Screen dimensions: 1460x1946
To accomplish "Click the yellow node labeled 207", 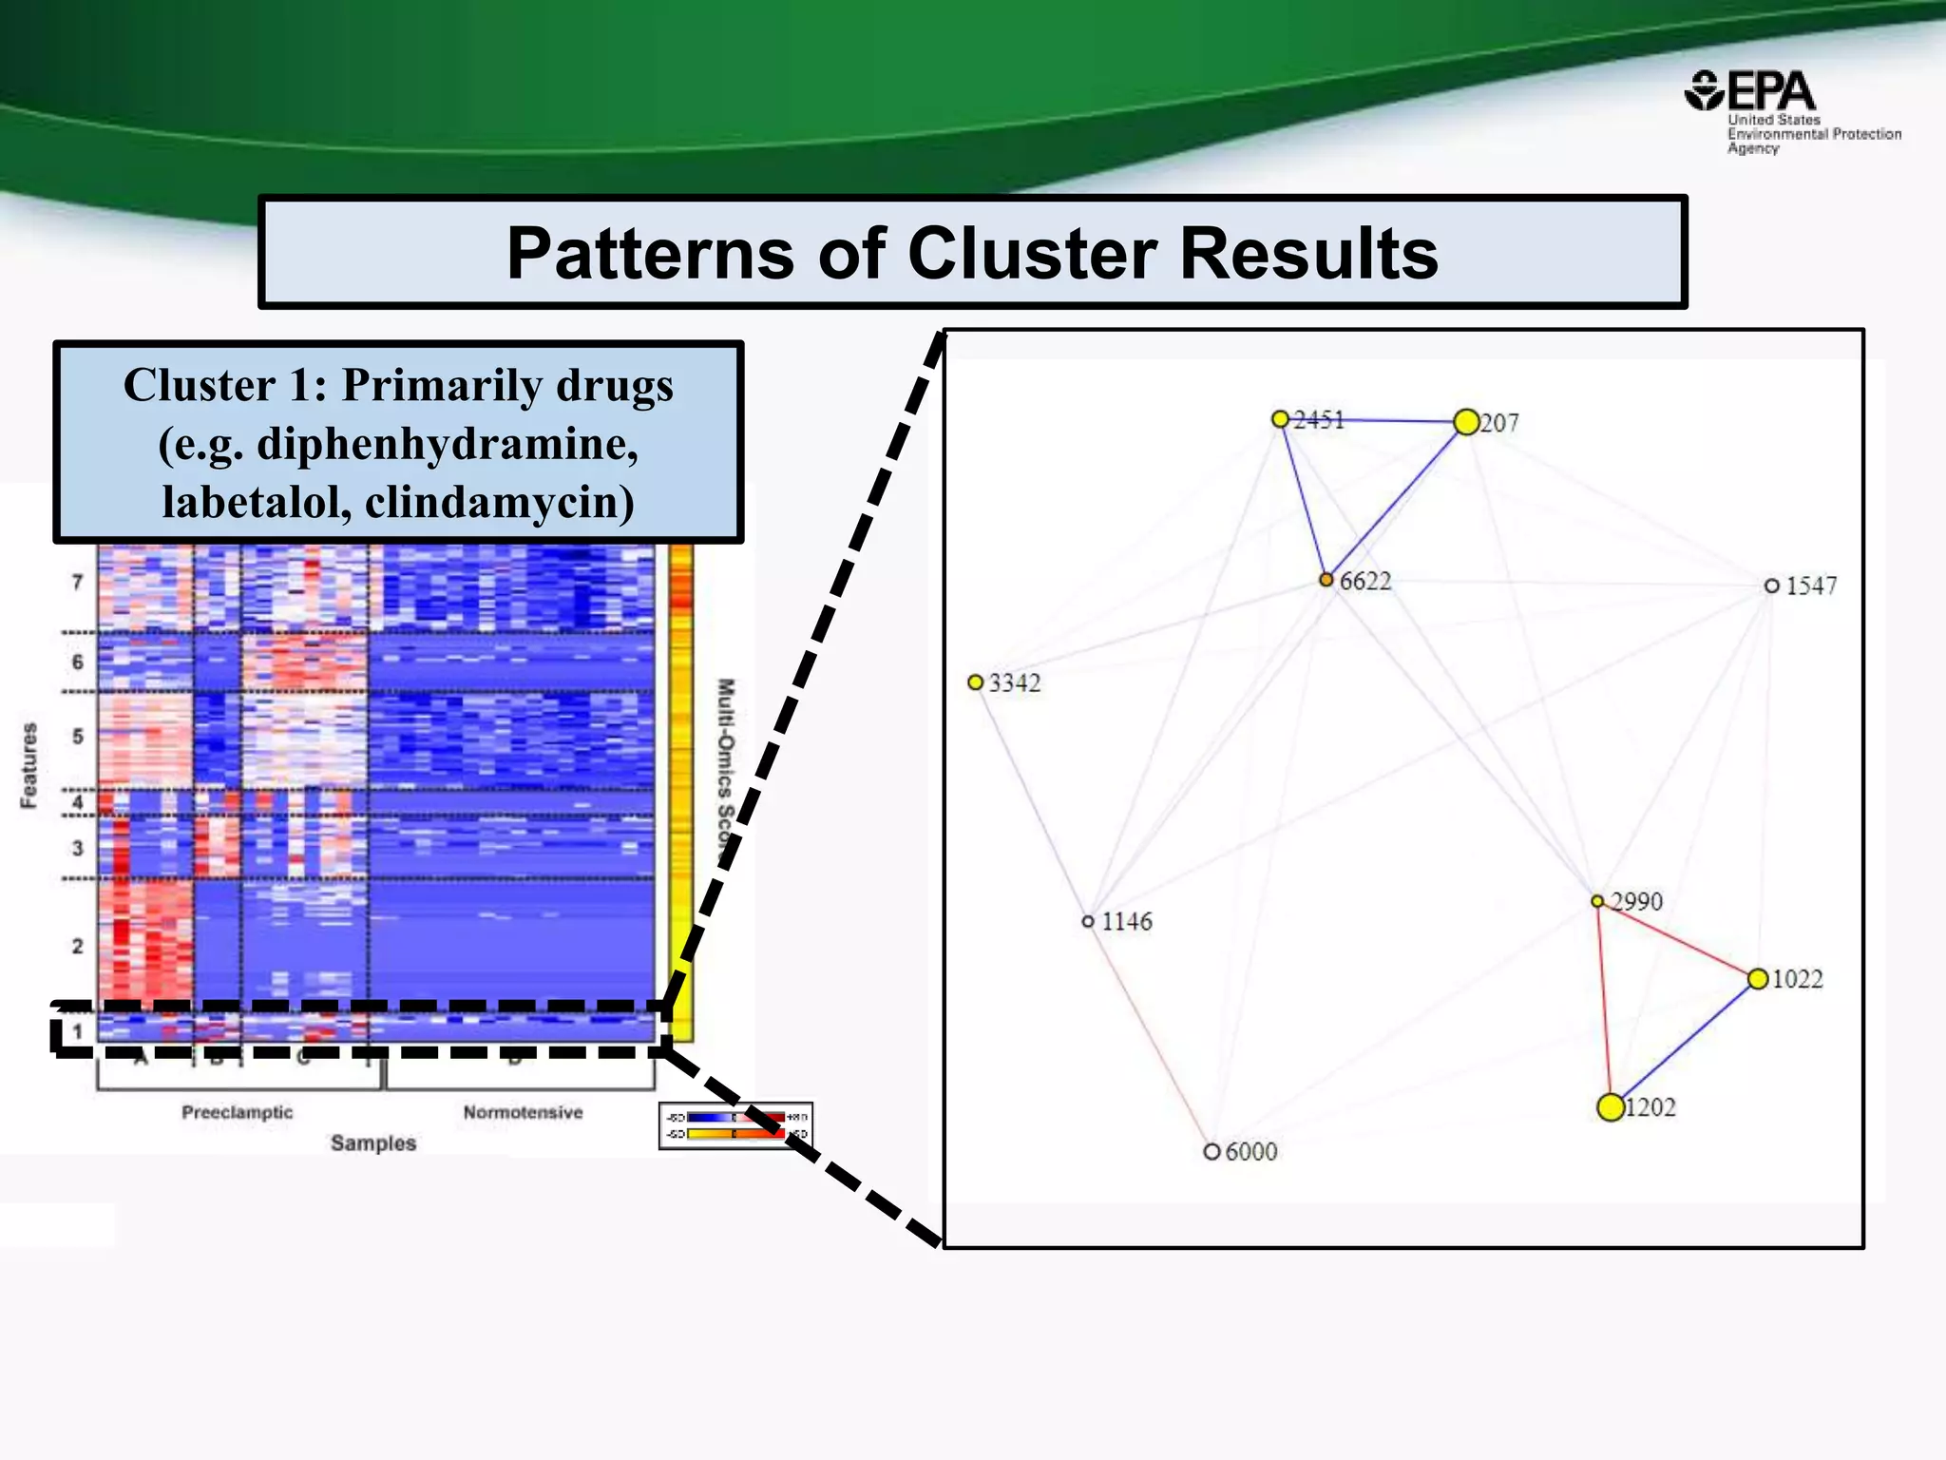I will [1466, 422].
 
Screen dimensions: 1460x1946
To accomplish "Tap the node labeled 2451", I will [1280, 419].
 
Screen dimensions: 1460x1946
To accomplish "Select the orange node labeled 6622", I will [1326, 580].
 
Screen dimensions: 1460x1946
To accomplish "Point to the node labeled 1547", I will [1771, 586].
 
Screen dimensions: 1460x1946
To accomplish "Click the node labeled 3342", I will [975, 682].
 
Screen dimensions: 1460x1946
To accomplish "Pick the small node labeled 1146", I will [1088, 921].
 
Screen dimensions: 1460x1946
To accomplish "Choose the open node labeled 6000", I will [1211, 1151].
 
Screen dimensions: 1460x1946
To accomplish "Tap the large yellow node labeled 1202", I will [1611, 1107].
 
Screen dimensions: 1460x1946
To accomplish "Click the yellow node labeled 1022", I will [1758, 979].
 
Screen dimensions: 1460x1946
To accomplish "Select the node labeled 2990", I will [1597, 901].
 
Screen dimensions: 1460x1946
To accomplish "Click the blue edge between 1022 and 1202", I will [1684, 1044].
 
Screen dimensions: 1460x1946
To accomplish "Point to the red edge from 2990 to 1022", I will [1677, 940].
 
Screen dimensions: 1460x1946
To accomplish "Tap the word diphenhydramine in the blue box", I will [447, 444].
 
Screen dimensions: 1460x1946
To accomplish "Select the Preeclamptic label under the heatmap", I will [237, 1112].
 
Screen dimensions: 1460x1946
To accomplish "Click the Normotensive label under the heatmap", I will [523, 1112].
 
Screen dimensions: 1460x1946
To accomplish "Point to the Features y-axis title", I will [29, 765].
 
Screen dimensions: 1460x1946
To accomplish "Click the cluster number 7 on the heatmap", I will [78, 582].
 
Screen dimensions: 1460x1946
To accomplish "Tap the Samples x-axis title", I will [373, 1143].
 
